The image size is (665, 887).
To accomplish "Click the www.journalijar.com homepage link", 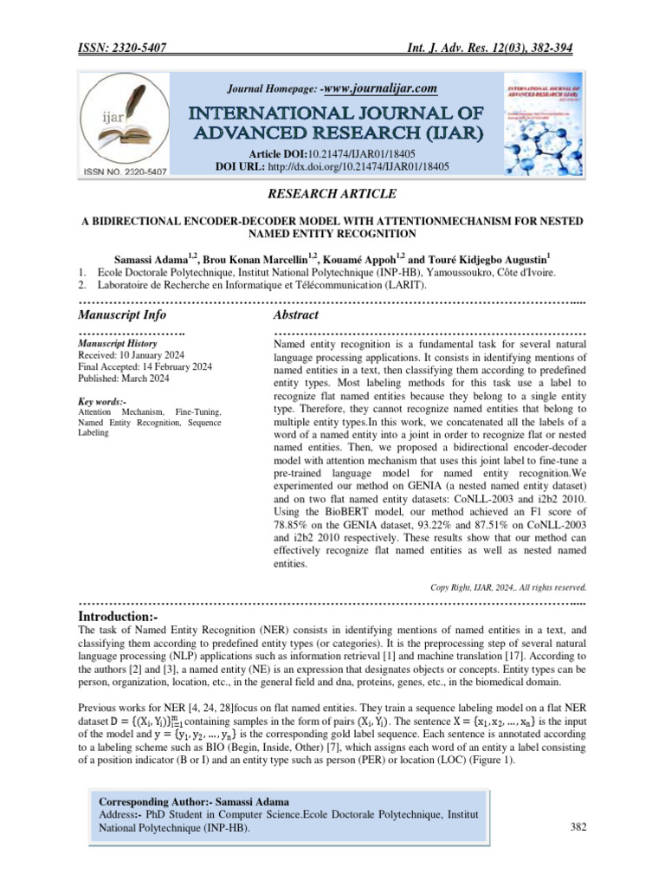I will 379,87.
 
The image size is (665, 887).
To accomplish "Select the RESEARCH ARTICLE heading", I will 332,194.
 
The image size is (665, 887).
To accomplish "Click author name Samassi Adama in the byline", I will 152,258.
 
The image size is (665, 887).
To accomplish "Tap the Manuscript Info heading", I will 122,314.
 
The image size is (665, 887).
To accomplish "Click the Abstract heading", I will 296,314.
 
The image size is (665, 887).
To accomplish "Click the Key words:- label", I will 102,402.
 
